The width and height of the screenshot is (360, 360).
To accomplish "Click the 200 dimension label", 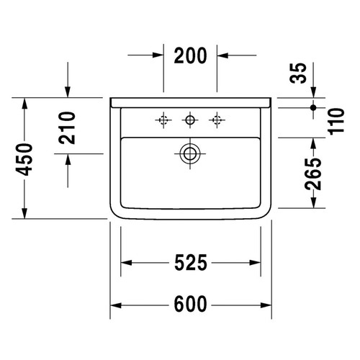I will (x=191, y=55).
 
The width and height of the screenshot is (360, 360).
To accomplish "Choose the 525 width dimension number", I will (x=192, y=264).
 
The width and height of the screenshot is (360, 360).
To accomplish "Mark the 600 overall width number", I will (x=192, y=305).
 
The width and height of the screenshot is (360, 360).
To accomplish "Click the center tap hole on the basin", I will (x=190, y=119).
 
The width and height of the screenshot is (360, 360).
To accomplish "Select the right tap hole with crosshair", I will (x=215, y=119).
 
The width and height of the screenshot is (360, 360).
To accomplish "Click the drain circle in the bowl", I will (x=190, y=153).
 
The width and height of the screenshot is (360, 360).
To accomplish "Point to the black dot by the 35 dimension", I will (x=314, y=107).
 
